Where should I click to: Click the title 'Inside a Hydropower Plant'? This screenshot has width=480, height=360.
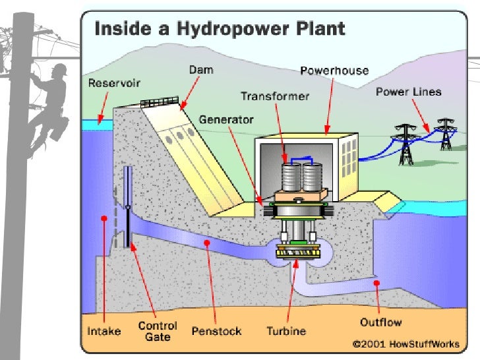(220, 29)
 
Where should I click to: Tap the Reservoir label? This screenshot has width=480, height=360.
(109, 84)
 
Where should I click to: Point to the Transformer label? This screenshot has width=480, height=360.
(275, 96)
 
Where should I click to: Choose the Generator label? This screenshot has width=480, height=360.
(226, 120)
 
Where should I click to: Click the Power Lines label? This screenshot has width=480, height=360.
(408, 92)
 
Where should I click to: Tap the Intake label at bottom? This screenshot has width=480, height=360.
(104, 330)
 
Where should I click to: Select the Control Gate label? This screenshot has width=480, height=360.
(158, 330)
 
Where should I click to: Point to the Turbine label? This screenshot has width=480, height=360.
(285, 331)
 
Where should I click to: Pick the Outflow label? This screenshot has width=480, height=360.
(381, 322)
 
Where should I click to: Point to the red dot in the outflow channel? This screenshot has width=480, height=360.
(376, 283)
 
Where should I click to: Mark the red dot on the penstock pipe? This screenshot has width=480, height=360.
(206, 243)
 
